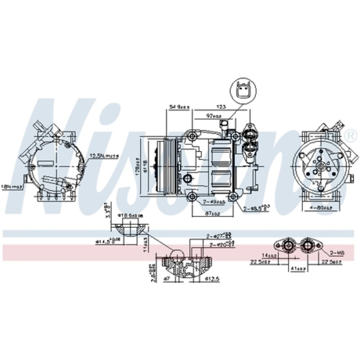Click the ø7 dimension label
[166, 279]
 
